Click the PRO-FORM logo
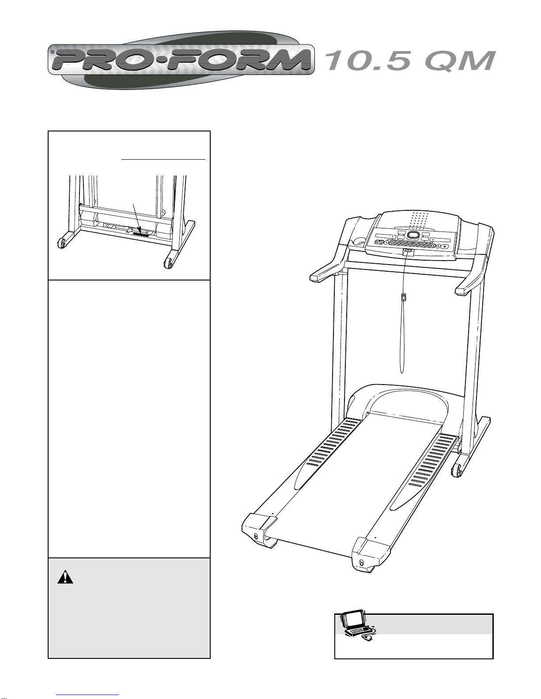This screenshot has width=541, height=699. pyautogui.click(x=181, y=60)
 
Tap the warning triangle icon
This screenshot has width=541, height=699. pyautogui.click(x=65, y=577)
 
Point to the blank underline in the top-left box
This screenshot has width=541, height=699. pyautogui.click(x=163, y=159)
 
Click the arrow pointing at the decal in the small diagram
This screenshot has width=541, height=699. pyautogui.click(x=137, y=218)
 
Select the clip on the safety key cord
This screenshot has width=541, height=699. pyautogui.click(x=404, y=297)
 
